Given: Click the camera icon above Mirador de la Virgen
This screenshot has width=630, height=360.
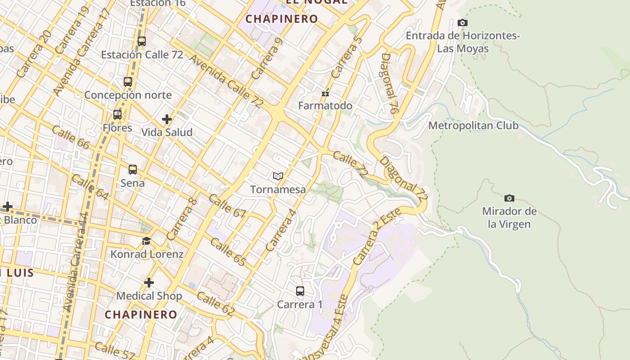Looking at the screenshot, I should (509, 198).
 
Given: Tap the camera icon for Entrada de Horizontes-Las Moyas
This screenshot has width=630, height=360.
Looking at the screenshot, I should (462, 22).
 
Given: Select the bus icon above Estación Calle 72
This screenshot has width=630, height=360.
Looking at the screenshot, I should (142, 41).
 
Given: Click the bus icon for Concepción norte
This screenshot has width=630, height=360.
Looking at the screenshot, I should (128, 82).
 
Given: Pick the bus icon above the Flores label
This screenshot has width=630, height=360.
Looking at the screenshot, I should (117, 115).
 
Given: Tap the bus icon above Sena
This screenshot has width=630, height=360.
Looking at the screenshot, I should (133, 170).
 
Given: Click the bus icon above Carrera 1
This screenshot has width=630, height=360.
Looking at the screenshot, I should (300, 291).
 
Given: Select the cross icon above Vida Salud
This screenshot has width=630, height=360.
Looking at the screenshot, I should (167, 119).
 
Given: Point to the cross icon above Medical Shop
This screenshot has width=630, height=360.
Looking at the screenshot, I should (149, 283).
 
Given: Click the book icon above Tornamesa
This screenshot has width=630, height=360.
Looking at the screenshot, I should (278, 176).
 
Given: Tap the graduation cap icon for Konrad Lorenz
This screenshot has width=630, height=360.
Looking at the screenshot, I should (146, 241).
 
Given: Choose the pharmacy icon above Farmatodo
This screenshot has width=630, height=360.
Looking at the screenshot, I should (325, 93).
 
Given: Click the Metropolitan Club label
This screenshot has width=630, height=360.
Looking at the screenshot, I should (473, 126).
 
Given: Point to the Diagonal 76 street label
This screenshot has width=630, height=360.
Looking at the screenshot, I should (390, 83).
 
